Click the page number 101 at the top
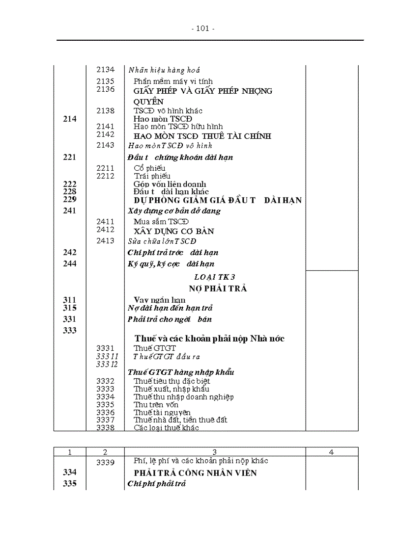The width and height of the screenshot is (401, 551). pyautogui.click(x=202, y=28)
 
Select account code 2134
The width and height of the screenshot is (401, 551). pyautogui.click(x=105, y=70)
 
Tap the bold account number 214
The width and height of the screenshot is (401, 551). pyautogui.click(x=70, y=119)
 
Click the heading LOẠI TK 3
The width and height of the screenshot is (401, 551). pyautogui.click(x=215, y=277)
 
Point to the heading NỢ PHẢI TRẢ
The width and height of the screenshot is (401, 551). pyautogui.click(x=218, y=289)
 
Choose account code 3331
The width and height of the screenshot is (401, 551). pyautogui.click(x=105, y=348)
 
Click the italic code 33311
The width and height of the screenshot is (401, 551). pyautogui.click(x=107, y=356)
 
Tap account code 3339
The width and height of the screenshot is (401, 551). pyautogui.click(x=105, y=462)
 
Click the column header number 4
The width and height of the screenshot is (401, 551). pyautogui.click(x=331, y=452)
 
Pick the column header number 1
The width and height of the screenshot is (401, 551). pyautogui.click(x=70, y=452)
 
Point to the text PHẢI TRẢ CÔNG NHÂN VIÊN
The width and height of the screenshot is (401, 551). pyautogui.click(x=196, y=473)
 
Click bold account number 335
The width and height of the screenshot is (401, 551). pyautogui.click(x=70, y=484)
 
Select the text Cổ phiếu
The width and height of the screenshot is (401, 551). pyautogui.click(x=149, y=168)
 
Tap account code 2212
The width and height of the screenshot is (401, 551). pyautogui.click(x=105, y=176)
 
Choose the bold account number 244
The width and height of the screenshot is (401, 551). pyautogui.click(x=70, y=264)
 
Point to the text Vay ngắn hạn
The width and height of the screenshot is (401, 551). pyautogui.click(x=159, y=300)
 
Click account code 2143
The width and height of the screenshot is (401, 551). pyautogui.click(x=105, y=145)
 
